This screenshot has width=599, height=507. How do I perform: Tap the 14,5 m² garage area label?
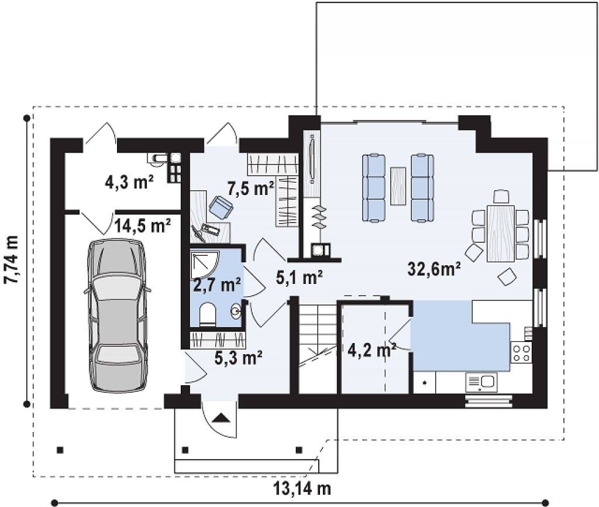[x=143, y=227]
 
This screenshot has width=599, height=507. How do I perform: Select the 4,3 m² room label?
[x=129, y=183]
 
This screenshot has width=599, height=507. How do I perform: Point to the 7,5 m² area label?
[x=250, y=188]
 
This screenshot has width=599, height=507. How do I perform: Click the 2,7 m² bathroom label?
[x=217, y=285]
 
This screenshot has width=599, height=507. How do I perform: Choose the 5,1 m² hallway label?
[x=299, y=278]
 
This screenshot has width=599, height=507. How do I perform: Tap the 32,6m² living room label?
[x=434, y=269]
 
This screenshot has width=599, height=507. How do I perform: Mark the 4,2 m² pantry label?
[x=371, y=350]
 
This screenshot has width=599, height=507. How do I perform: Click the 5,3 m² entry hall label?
[x=239, y=358]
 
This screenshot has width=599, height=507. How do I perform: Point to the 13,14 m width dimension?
[x=302, y=488]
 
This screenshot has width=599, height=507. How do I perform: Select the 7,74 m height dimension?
[x=12, y=259]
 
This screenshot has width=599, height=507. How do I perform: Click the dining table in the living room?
[x=501, y=233]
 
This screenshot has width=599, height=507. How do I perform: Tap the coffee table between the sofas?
[x=398, y=186]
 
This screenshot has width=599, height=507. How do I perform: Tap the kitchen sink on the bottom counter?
[x=481, y=382]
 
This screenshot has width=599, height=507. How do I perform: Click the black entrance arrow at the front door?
[x=221, y=417]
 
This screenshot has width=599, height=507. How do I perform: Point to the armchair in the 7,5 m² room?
[x=221, y=207]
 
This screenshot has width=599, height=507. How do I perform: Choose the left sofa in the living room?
[x=374, y=187]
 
